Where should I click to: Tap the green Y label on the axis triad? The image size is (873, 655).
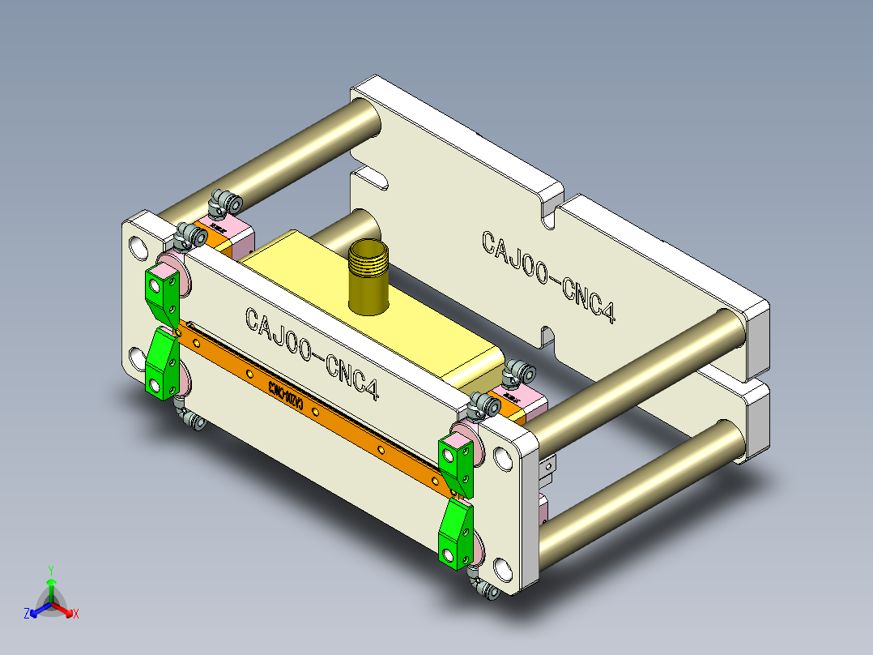[50, 569]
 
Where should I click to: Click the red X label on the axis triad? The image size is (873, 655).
[76, 614]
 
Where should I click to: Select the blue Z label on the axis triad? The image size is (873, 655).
[26, 614]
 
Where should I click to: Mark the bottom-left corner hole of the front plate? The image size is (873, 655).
[134, 356]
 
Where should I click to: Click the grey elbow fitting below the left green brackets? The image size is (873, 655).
[193, 422]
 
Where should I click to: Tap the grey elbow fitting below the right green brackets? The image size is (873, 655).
[486, 590]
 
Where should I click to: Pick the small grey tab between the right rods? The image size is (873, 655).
[549, 465]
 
